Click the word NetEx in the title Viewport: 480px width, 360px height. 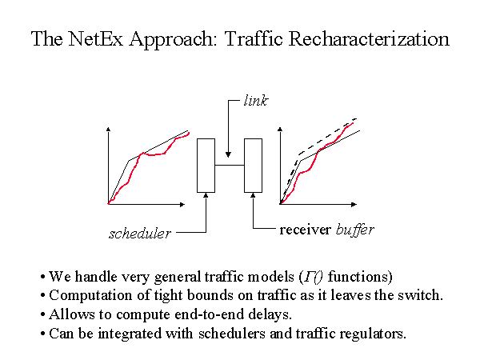95,39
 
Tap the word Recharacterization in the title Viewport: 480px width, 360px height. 369,39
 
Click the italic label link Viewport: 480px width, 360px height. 256,101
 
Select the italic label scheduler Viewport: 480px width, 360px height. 140,234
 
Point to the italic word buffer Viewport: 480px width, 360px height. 354,230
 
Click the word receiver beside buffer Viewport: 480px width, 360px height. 306,230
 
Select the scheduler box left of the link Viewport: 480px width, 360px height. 206,166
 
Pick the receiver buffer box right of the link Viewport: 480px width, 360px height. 253,166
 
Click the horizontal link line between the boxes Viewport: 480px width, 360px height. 230,166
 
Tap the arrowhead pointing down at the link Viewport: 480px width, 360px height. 228,154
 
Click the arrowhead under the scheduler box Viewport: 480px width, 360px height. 206,195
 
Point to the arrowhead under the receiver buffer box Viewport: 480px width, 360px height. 253,195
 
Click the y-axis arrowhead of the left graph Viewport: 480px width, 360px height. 108,130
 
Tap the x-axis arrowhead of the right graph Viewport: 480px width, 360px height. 354,204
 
